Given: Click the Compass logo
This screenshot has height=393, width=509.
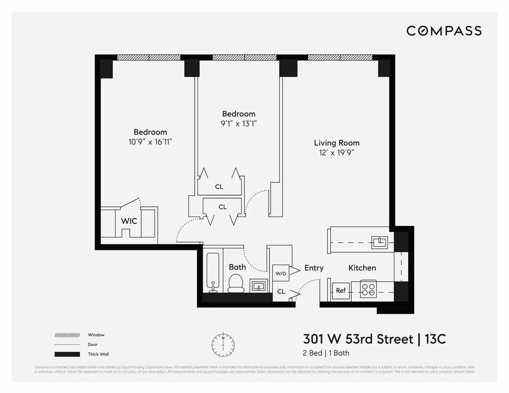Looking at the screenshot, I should (444, 31).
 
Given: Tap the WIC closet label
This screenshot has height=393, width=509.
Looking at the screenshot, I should (129, 221).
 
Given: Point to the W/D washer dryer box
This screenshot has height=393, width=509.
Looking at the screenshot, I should (281, 273).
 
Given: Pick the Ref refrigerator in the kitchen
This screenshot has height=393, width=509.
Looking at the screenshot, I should (341, 290).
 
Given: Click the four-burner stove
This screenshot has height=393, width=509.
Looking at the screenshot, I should (369, 290).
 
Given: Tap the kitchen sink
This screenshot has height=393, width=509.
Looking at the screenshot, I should (380, 242).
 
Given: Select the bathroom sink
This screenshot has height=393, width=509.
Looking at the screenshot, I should (258, 285).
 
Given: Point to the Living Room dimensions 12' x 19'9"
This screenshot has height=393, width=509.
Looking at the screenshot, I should (337, 153).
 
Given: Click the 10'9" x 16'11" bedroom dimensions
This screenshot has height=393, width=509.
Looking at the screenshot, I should (150, 142).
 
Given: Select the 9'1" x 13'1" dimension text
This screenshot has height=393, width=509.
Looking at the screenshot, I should (239, 124).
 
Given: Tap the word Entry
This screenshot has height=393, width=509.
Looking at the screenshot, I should (314, 268).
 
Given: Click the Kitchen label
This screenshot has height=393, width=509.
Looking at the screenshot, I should (362, 268).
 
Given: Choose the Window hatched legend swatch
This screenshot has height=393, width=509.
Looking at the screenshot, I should (67, 335).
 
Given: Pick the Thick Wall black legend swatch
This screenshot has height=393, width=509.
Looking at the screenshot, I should (67, 354).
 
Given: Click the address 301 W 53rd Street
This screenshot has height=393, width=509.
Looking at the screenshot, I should (358, 339).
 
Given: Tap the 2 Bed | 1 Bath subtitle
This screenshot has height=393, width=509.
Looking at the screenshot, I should (326, 353).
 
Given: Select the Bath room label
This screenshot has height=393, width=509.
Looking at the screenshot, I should (237, 267).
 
